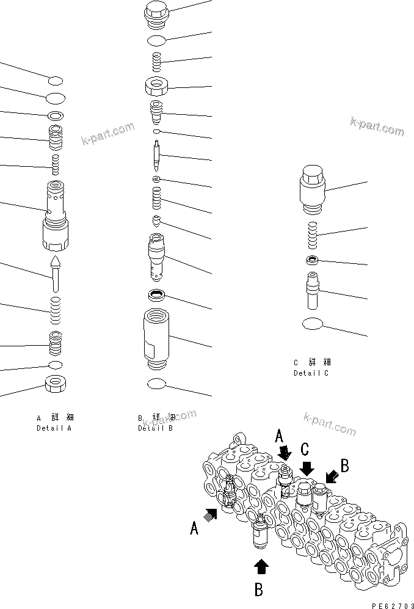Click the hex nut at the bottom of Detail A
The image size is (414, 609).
pyautogui.click(x=56, y=385)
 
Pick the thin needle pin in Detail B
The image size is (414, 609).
pyautogui.click(x=157, y=156)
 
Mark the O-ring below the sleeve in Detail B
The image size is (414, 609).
pyautogui.click(x=157, y=384)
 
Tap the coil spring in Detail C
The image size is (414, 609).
pyautogui.click(x=312, y=235)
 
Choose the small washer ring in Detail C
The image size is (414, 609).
pyautogui.click(x=312, y=261)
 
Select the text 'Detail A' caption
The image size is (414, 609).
pyautogui.click(x=54, y=428)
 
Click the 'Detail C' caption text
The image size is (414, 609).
pyautogui.click(x=311, y=373)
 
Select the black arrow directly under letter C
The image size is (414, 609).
pyautogui.click(x=307, y=468)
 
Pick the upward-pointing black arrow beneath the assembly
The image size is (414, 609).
pyautogui.click(x=261, y=566)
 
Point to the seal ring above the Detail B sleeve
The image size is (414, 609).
pyautogui.click(x=157, y=296)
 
